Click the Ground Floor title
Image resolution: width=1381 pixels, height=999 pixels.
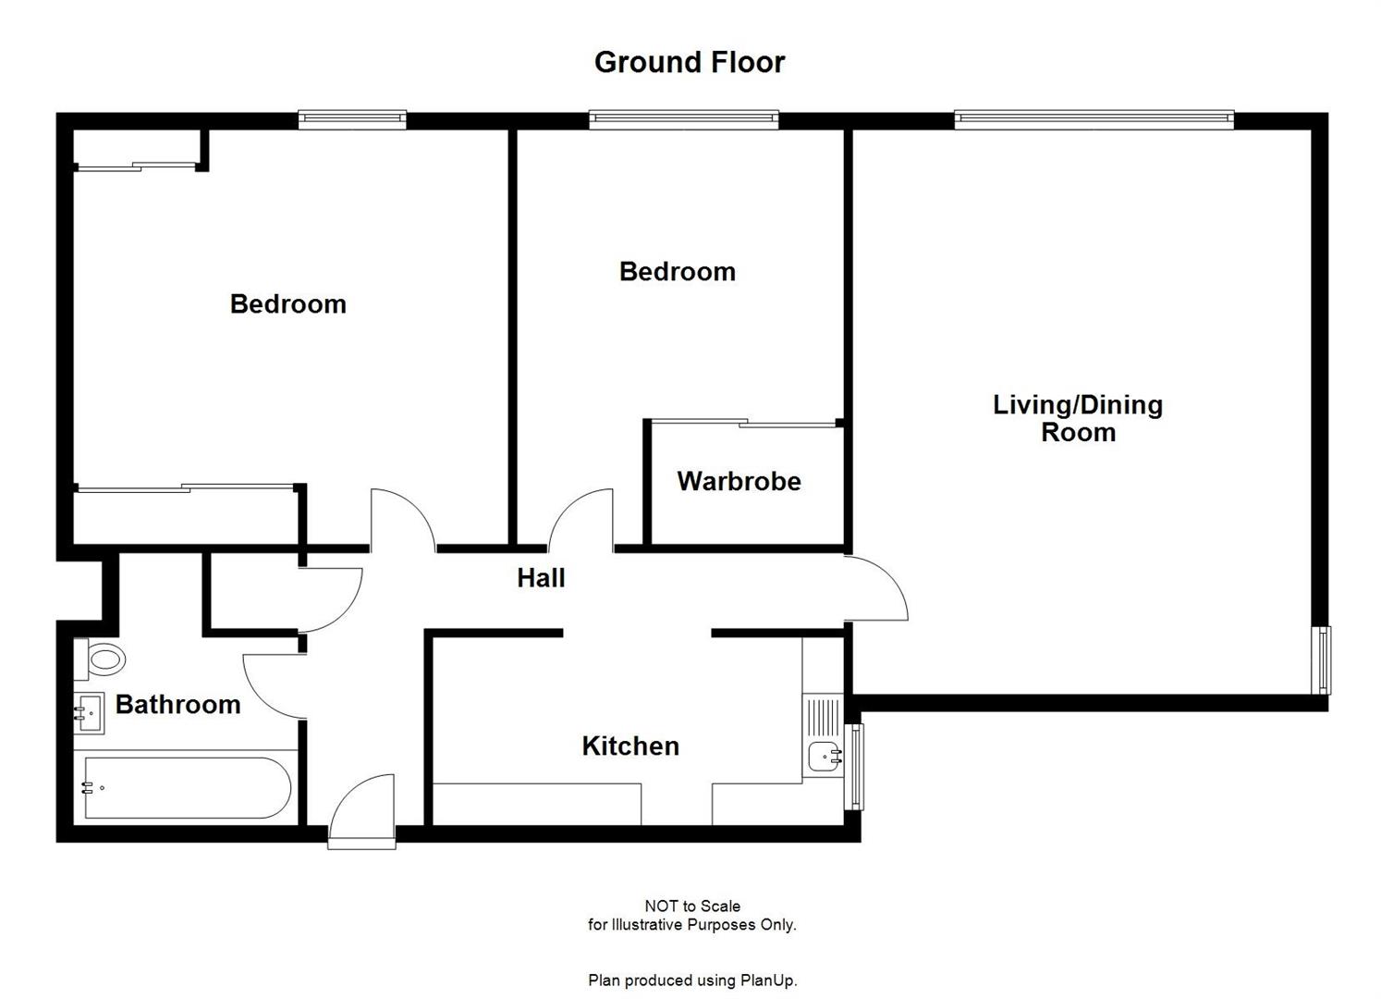tap(689, 62)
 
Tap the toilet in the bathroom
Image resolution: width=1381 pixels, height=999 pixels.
tap(104, 660)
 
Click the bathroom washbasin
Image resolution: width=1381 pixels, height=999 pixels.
tap(89, 714)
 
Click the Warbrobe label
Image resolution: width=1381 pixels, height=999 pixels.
tap(739, 481)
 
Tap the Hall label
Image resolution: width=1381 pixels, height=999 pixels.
tap(541, 578)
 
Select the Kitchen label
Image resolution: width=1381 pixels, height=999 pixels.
tap(630, 746)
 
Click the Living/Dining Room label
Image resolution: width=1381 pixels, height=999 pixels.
tap(1078, 418)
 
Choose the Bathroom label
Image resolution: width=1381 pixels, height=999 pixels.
tap(177, 704)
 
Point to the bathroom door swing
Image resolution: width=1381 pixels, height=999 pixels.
tap(274, 684)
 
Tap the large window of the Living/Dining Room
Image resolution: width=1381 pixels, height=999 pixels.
tap(1094, 118)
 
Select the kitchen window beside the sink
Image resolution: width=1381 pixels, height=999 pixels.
tap(857, 767)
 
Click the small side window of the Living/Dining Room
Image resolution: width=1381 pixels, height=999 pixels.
tap(1324, 660)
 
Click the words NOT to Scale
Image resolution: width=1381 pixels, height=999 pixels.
tap(691, 906)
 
